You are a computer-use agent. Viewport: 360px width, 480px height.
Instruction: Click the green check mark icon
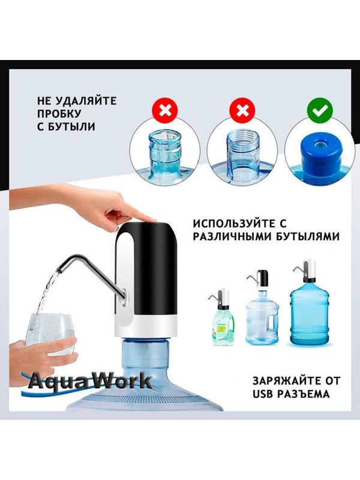pyautogui.click(x=320, y=112)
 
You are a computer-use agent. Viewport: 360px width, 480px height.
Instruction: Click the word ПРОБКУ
pyautogui.click(x=59, y=113)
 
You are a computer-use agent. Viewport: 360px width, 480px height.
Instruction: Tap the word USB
pyautogui.click(x=263, y=394)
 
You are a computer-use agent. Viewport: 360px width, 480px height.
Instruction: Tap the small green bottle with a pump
pyautogui.click(x=223, y=322)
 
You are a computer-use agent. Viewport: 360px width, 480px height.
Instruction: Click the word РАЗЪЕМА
pyautogui.click(x=304, y=394)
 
